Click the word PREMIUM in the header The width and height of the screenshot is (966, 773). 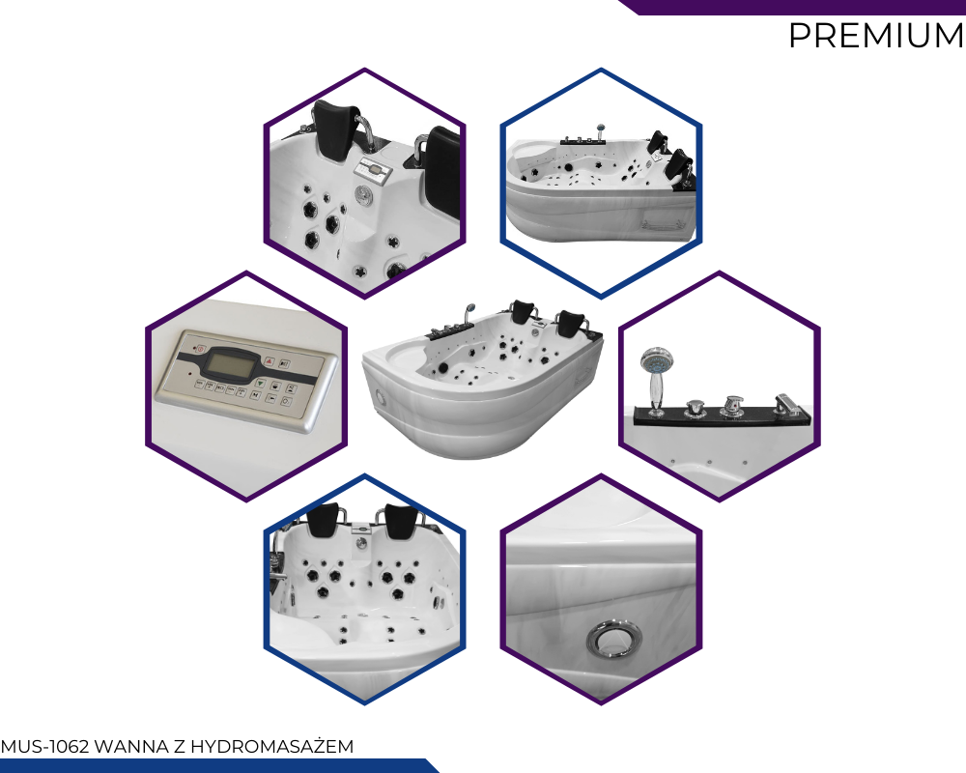click(876, 35)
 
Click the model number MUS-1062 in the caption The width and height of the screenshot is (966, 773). click(45, 747)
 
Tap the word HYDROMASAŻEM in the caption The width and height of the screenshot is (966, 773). click(271, 747)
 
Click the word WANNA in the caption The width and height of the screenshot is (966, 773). click(131, 747)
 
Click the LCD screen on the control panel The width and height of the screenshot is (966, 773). click(229, 364)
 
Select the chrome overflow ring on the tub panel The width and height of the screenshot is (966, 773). click(614, 638)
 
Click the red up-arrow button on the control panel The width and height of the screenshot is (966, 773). click(270, 361)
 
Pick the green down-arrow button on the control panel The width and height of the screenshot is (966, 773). click(261, 384)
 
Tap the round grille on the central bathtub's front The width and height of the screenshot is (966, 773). click(380, 396)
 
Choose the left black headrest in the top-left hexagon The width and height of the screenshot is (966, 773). click(336, 131)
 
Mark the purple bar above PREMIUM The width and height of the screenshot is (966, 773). click(792, 7)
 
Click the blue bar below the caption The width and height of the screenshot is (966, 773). click(218, 765)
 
